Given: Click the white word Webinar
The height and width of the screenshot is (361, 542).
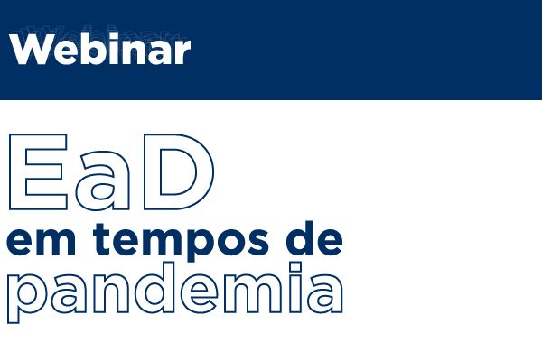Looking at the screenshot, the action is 100,50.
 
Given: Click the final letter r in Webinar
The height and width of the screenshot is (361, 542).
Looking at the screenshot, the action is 182,52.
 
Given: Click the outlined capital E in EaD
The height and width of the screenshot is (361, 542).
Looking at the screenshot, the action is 38,171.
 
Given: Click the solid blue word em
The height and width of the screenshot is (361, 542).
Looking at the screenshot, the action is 41,241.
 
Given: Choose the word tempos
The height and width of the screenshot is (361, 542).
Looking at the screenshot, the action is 182,241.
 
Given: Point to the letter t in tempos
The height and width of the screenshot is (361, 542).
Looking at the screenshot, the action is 102,239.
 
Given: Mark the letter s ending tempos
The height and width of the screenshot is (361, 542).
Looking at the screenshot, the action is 257,241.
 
